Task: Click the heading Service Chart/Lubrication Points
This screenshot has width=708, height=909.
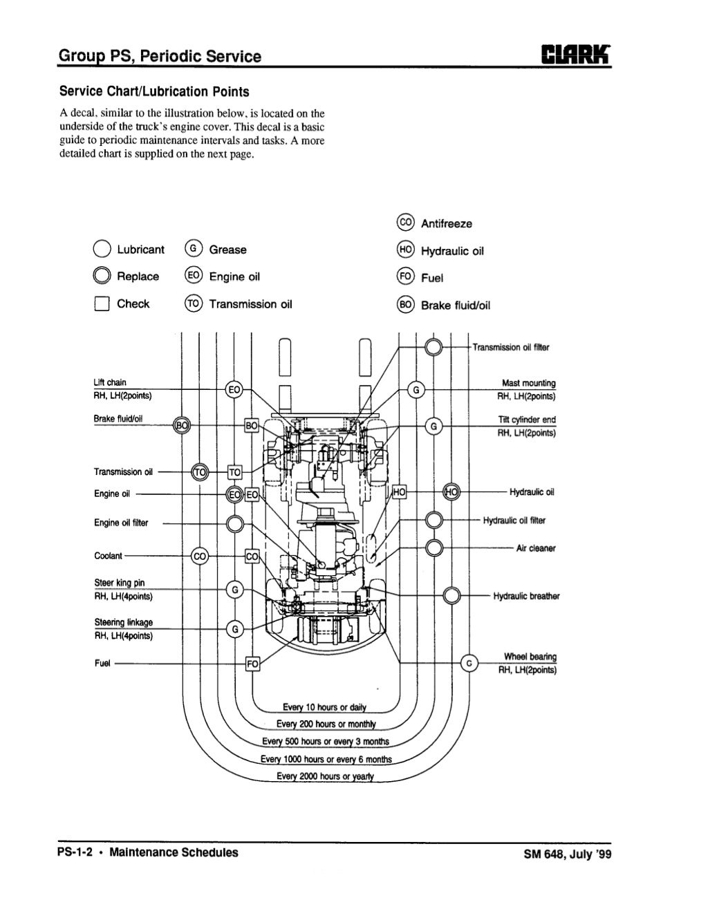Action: click(154, 91)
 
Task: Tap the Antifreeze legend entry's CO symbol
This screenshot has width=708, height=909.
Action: click(406, 223)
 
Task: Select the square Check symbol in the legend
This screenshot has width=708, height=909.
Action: click(102, 304)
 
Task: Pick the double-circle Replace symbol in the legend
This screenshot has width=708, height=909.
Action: click(102, 277)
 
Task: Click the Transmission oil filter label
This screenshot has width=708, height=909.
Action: click(511, 348)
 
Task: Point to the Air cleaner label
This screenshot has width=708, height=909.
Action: click(536, 548)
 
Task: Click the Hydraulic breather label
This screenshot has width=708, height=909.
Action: click(526, 596)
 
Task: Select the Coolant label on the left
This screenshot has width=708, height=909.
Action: click(108, 556)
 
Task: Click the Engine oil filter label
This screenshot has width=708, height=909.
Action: click(121, 523)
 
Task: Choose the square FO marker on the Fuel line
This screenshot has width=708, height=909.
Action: click(252, 664)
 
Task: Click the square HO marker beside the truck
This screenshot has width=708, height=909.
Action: click(400, 492)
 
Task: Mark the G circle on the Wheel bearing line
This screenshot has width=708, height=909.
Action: click(470, 664)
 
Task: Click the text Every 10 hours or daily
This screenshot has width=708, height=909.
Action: click(324, 706)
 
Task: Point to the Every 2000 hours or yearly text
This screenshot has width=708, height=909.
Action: click(324, 776)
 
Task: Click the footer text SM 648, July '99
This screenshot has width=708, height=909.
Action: click(568, 853)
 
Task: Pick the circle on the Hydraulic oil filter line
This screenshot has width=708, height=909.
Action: click(434, 520)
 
